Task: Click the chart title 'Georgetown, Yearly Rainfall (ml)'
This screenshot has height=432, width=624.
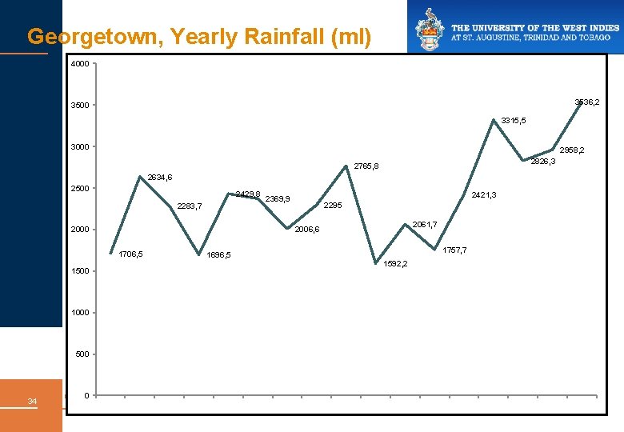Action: pos(198,37)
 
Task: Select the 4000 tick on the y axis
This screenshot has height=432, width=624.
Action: pos(79,64)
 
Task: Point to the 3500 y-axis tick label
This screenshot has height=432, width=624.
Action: pos(79,106)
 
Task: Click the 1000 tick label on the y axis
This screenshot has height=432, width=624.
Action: pos(79,313)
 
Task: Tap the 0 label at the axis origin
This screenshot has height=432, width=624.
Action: pos(86,395)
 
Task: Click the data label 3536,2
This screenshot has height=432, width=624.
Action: pos(587,102)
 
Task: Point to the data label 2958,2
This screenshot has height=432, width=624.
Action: pos(571,150)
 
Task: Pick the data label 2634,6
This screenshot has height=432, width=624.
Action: pos(160,177)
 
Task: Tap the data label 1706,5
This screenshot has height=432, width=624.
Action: pos(130,254)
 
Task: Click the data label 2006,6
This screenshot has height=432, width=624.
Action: pos(307,230)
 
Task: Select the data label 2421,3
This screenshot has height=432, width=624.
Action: pos(484,194)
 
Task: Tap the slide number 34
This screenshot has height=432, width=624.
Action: pos(32,401)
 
